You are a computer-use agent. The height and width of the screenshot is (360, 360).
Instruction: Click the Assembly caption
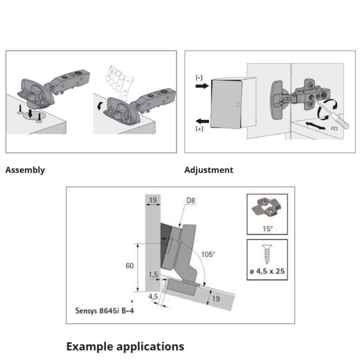(25, 170)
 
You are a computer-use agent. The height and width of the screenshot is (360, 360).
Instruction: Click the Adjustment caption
(209, 170)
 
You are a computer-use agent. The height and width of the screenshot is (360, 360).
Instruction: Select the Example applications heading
(125, 346)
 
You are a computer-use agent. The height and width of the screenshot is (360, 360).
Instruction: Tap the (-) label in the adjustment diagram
(199, 78)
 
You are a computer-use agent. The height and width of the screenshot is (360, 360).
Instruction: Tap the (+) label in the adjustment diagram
(199, 129)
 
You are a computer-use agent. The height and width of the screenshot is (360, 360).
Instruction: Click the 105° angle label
(208, 254)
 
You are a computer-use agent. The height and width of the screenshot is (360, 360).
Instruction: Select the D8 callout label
(191, 201)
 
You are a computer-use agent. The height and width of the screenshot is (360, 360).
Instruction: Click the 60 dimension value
(130, 266)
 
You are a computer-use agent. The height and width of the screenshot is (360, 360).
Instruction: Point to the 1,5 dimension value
(153, 274)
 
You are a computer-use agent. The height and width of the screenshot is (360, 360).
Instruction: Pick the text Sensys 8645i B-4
(105, 311)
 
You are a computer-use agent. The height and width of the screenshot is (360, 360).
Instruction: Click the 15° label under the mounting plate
(267, 229)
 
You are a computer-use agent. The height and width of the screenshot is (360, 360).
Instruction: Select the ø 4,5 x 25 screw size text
(267, 271)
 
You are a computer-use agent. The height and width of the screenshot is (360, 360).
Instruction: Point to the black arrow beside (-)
(202, 86)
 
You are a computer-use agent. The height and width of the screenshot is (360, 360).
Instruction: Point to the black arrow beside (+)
(202, 121)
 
